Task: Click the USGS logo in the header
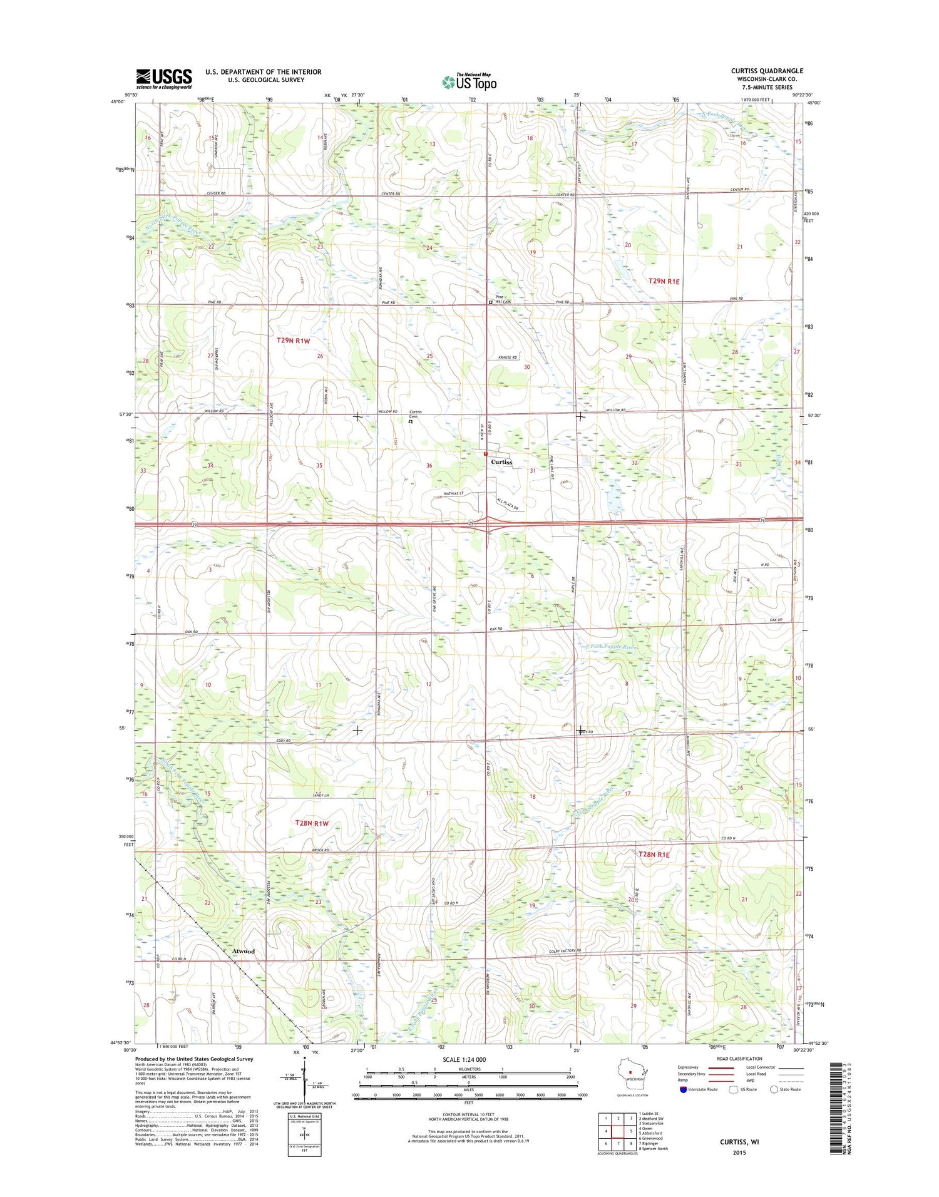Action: pos(164,79)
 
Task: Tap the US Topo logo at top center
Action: pos(469,81)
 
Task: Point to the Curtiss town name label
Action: pos(501,462)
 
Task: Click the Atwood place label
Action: pos(244,952)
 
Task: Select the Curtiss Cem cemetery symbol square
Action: pos(410,422)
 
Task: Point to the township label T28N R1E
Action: pos(654,855)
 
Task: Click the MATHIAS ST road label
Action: pos(449,494)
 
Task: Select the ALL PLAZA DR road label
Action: pos(508,502)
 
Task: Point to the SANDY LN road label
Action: pos(321,795)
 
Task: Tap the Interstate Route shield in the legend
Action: pos(682,1090)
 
